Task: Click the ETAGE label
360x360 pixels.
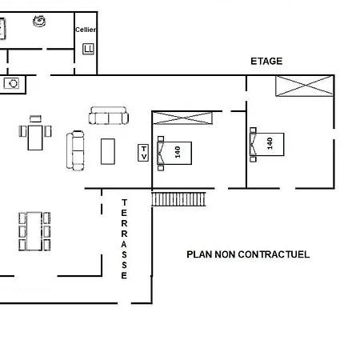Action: pos(266,62)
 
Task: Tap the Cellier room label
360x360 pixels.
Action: pos(86,30)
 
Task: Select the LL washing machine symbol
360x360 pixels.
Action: pos(88,49)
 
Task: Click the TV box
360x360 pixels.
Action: pos(143,153)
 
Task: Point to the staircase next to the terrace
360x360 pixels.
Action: pos(178,199)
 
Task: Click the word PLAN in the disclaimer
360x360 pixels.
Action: pos(199,254)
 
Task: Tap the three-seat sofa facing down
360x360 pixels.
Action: pos(109,115)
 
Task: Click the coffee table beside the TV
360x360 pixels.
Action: pos(108,151)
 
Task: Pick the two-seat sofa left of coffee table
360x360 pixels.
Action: pos(75,150)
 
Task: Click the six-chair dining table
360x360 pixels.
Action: pos(34,231)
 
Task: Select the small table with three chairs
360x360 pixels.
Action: pos(35,133)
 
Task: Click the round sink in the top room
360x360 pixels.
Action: pos(39,21)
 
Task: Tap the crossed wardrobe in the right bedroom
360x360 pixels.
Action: pos(304,86)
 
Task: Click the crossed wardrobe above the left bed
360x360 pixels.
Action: pos(182,118)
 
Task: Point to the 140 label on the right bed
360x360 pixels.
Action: pos(270,143)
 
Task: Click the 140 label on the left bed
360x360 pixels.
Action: pos(178,152)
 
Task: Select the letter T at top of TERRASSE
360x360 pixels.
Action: pos(124,202)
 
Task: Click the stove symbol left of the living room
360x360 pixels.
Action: pos(11,83)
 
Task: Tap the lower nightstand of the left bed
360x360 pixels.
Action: pos(161,168)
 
